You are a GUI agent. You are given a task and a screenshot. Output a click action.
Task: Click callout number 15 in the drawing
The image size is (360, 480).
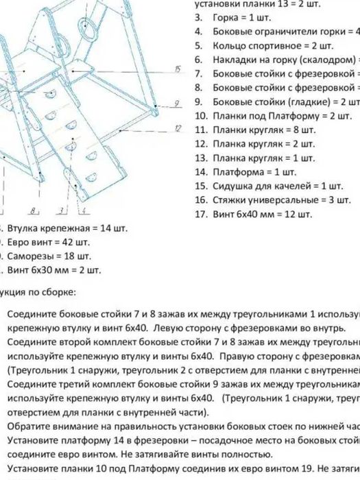click(177, 69)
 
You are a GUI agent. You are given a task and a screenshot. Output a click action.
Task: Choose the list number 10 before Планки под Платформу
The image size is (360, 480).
click(201, 115)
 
